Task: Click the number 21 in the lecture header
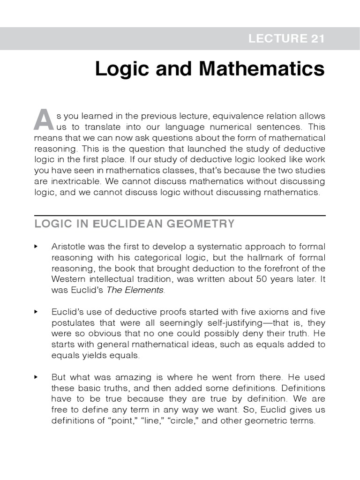pyautogui.click(x=315, y=39)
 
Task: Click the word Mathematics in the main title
pyautogui.click(x=262, y=69)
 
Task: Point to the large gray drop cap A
pyautogui.click(x=43, y=120)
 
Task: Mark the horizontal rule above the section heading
pyautogui.click(x=180, y=216)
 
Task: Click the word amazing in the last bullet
pyautogui.click(x=126, y=377)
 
